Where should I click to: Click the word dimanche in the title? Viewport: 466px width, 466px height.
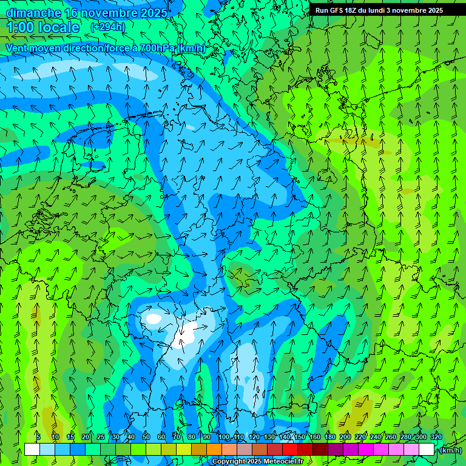tap(33, 13)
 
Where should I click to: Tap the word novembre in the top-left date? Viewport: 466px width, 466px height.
tap(109, 13)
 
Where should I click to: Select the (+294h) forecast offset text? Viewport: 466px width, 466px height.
tap(108, 27)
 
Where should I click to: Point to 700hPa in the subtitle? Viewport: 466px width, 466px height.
tap(159, 48)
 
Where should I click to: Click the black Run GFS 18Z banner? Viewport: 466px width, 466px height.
tap(379, 10)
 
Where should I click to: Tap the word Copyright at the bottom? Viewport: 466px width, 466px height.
tap(229, 462)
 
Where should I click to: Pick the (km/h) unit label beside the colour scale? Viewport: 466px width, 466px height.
tap(450, 450)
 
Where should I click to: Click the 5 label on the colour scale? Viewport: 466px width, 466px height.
tap(38, 437)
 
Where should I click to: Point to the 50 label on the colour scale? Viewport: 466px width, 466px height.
tap(146, 437)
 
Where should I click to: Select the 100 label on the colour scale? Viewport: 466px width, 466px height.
tap(224, 437)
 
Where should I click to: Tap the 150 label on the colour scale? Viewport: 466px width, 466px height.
tap(300, 437)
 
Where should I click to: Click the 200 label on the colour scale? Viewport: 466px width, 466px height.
tap(345, 437)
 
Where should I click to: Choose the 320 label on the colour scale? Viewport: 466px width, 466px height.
tap(436, 437)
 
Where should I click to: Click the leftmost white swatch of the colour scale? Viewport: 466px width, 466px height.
tap(32, 450)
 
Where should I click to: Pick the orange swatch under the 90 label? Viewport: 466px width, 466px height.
tap(214, 450)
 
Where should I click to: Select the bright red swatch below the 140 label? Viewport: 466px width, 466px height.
tap(289, 450)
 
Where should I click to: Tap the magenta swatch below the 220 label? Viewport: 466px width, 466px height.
tap(365, 450)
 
